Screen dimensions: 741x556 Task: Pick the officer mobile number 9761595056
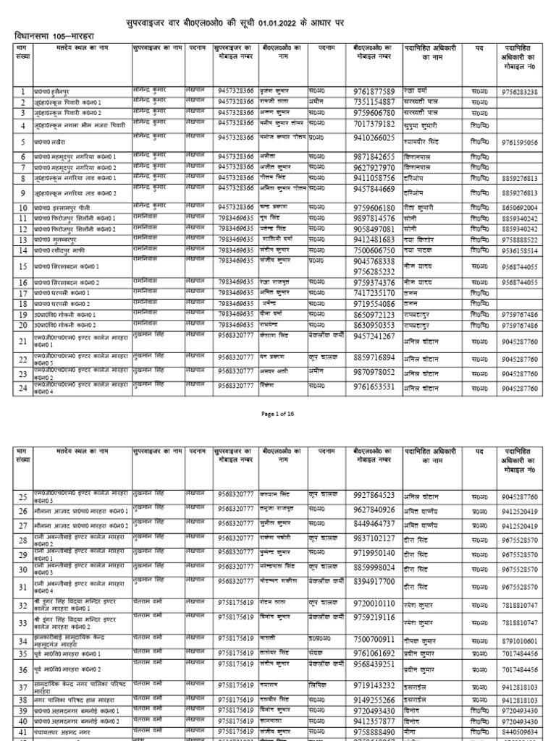pyautogui.click(x=519, y=143)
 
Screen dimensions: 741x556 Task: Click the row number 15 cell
pyautogui.click(x=23, y=266)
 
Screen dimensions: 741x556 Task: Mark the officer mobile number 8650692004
pyautogui.click(x=519, y=208)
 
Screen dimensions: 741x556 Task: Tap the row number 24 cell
pyautogui.click(x=23, y=389)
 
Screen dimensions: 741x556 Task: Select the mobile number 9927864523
pyautogui.click(x=374, y=496)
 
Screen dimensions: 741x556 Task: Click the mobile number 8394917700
pyautogui.click(x=374, y=581)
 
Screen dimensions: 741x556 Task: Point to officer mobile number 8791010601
pyautogui.click(x=519, y=641)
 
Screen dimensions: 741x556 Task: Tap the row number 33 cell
pyautogui.click(x=23, y=622)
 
